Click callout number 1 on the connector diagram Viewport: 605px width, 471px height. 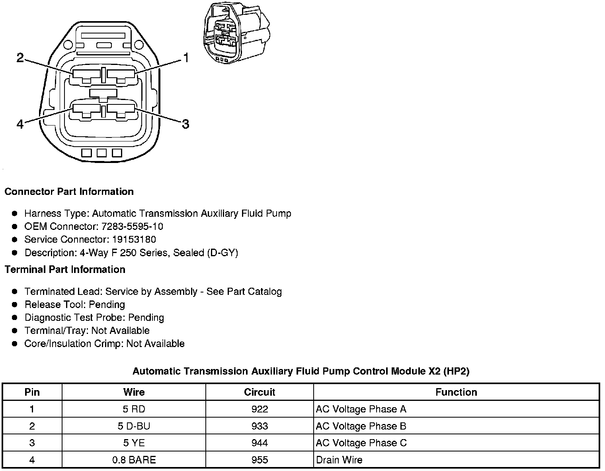[185, 58]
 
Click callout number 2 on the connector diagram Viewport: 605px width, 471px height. [20, 58]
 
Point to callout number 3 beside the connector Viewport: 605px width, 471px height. [185, 124]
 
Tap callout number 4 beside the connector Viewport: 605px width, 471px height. [20, 124]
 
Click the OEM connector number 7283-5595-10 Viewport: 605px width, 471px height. [132, 227]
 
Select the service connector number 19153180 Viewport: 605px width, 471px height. [134, 240]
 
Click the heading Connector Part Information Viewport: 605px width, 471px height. [69, 192]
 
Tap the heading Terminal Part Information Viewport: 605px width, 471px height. [65, 270]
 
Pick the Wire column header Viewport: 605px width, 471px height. [134, 392]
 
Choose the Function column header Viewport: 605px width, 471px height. [456, 392]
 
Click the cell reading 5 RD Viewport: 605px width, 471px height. [134, 409]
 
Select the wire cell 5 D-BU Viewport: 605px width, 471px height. [134, 426]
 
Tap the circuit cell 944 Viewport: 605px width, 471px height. [260, 443]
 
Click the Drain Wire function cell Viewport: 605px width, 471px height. [339, 460]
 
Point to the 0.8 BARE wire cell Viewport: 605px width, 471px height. [134, 460]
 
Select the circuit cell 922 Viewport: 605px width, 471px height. [260, 409]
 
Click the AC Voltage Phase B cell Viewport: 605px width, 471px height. [361, 426]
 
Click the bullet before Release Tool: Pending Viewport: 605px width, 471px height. [15, 305]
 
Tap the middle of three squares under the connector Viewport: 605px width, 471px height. [101, 153]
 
